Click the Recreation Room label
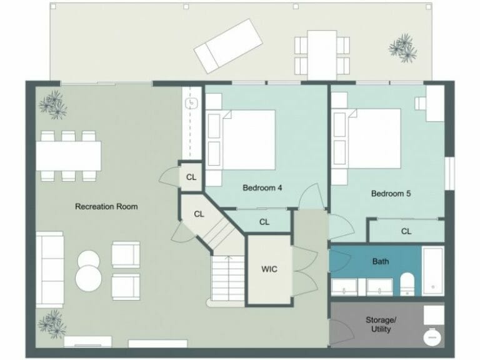106,206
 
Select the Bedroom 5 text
391,194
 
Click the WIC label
269,269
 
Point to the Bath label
380,261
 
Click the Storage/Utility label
380,324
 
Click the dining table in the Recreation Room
69,156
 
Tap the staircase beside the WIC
226,278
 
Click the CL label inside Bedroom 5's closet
406,231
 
